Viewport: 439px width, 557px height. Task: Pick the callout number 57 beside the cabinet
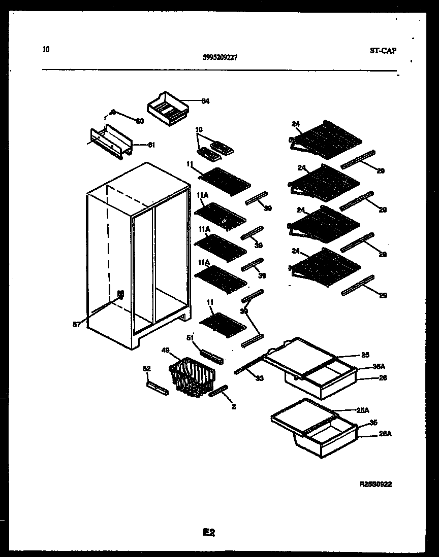[77, 325]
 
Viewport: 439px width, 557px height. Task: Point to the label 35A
[379, 366]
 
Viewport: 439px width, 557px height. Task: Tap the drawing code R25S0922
[375, 484]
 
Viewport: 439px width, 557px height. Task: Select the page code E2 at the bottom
[209, 532]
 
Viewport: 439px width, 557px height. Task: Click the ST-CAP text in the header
[383, 50]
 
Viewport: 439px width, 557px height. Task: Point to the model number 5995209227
[219, 58]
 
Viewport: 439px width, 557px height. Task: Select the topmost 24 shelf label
[296, 124]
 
